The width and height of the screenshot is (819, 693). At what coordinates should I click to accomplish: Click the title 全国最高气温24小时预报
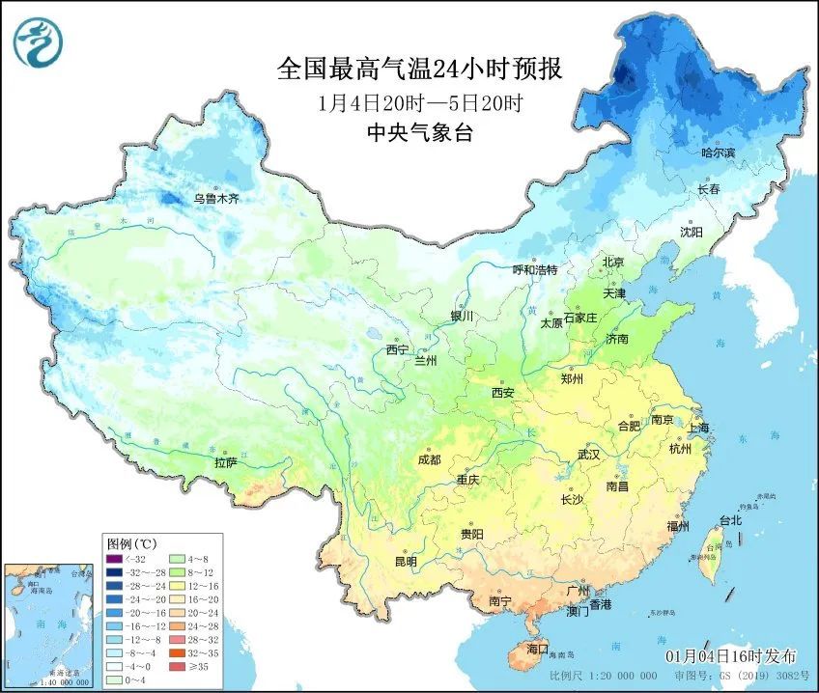[x=419, y=70]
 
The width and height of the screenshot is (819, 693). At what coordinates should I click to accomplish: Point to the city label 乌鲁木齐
[x=215, y=200]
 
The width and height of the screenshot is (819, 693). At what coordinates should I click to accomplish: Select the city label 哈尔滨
[x=718, y=153]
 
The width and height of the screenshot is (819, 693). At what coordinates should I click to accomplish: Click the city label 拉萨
[x=226, y=463]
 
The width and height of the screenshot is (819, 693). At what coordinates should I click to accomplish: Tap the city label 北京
[x=614, y=263]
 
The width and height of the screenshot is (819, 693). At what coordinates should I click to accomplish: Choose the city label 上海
[x=699, y=428]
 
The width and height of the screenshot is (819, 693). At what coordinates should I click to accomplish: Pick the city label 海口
[x=535, y=648]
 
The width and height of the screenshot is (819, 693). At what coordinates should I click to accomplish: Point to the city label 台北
[x=730, y=520]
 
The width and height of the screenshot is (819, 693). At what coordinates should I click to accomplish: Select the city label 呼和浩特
[x=535, y=270]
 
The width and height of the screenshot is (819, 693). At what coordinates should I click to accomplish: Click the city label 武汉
[x=587, y=454]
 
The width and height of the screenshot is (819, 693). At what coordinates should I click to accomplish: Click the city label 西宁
[x=397, y=349]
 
